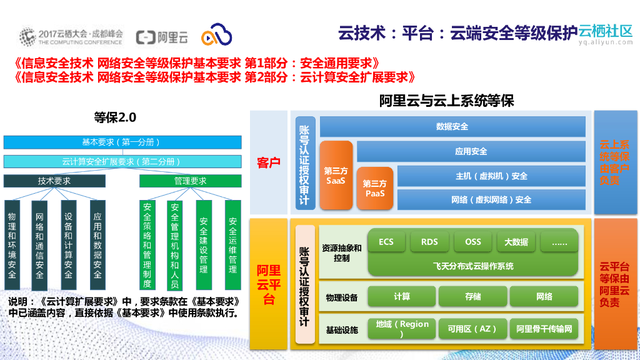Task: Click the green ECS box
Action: (386, 242)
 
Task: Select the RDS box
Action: (429, 242)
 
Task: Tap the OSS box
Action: (473, 242)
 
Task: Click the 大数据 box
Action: (516, 242)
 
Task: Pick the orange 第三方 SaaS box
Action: (336, 176)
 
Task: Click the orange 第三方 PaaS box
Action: (375, 188)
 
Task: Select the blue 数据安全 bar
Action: (452, 127)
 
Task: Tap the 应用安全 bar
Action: (471, 151)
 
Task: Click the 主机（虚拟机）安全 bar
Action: (491, 176)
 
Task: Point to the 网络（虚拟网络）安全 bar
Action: (491, 199)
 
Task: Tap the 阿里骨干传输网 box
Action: (544, 329)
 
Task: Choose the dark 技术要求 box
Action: (54, 181)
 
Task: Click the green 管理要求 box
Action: (190, 181)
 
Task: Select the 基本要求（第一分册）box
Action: (122, 142)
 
